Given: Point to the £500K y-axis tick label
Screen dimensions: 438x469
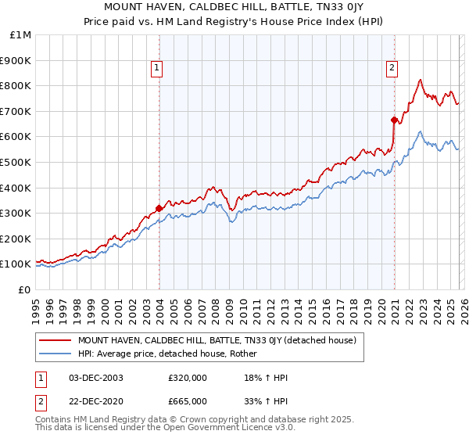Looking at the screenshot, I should pos(17,162).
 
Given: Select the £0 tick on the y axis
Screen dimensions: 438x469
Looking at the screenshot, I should pos(24,289).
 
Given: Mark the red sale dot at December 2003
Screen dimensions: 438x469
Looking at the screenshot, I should pos(159,208).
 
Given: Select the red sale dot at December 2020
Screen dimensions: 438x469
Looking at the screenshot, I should pos(394,120).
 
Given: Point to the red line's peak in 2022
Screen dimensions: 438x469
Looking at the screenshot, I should pos(421,80).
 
